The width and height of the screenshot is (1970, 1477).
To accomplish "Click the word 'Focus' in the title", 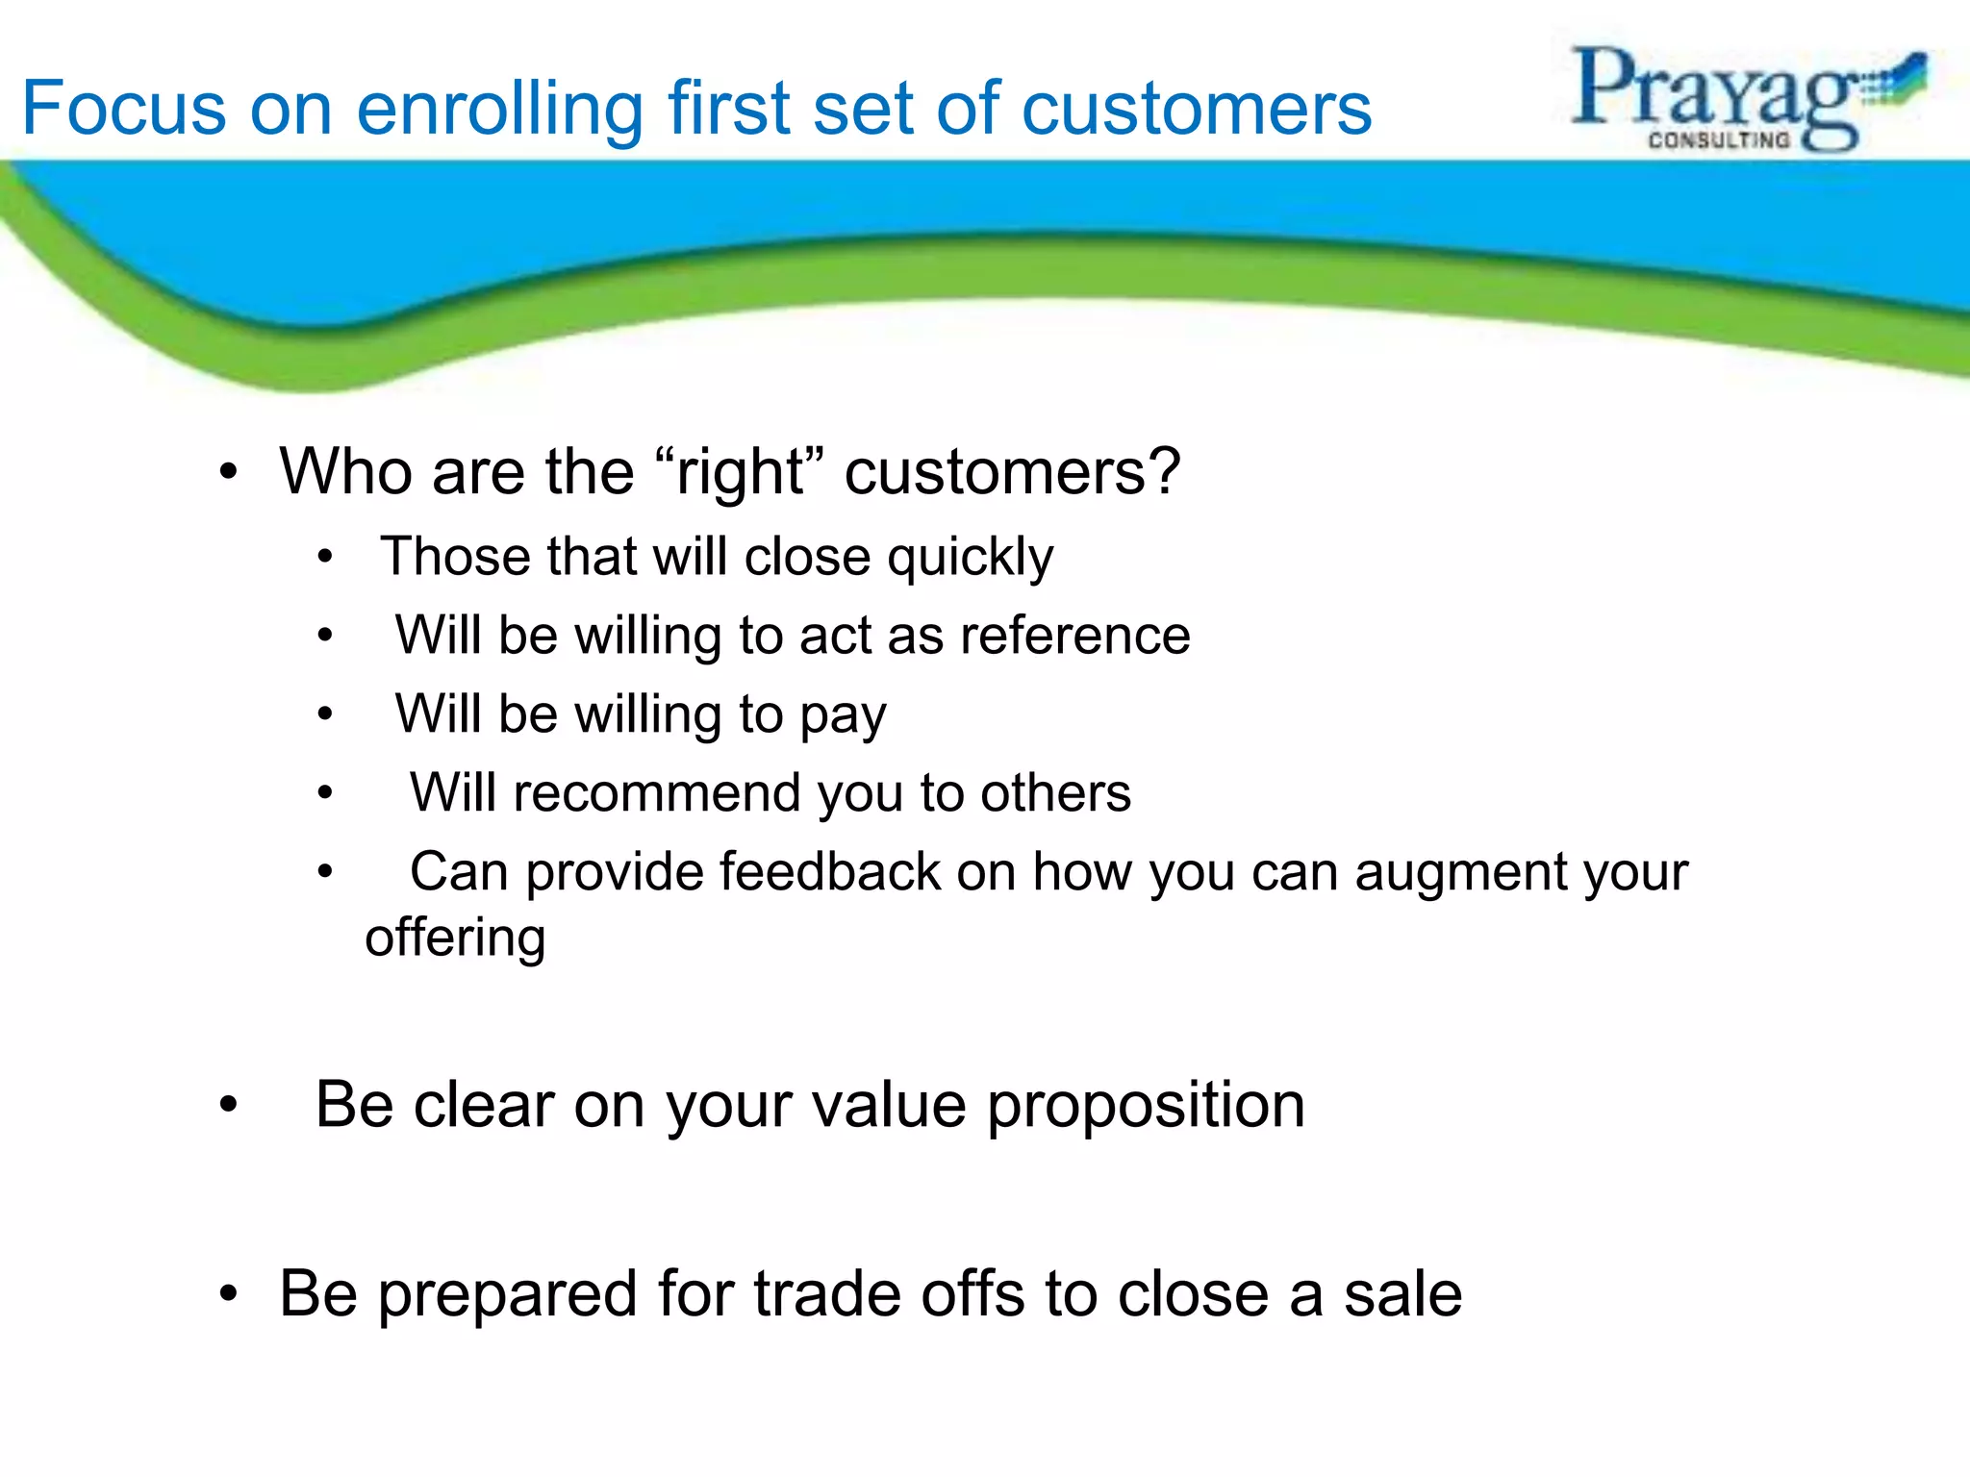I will coord(123,108).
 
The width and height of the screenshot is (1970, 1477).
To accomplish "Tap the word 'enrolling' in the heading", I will coord(499,108).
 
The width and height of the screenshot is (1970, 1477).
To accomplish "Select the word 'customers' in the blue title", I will coord(1196,108).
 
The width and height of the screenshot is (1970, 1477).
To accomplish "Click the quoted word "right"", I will coord(740,472).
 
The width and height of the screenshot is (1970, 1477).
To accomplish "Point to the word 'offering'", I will coord(455,939).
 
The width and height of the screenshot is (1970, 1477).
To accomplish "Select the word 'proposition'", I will coord(1146,1105).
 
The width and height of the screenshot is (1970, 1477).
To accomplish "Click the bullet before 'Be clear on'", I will coord(228,1106).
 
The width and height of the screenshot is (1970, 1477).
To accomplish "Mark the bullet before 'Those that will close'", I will coord(326,557).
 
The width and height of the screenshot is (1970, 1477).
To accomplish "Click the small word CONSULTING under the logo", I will coord(1719,140).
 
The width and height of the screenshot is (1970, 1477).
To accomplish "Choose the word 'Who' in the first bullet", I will coord(346,472).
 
